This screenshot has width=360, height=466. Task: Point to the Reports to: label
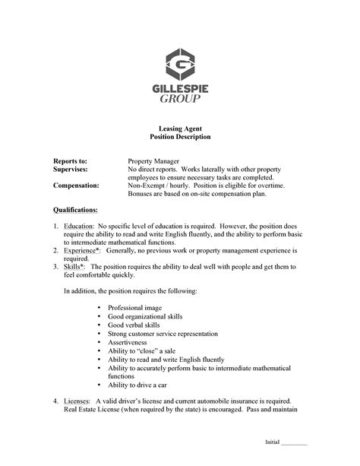(70, 161)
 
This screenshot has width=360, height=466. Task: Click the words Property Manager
(153, 161)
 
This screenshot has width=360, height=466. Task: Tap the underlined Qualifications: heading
(75, 209)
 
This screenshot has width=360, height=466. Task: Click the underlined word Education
(78, 227)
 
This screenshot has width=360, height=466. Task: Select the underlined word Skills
(73, 267)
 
